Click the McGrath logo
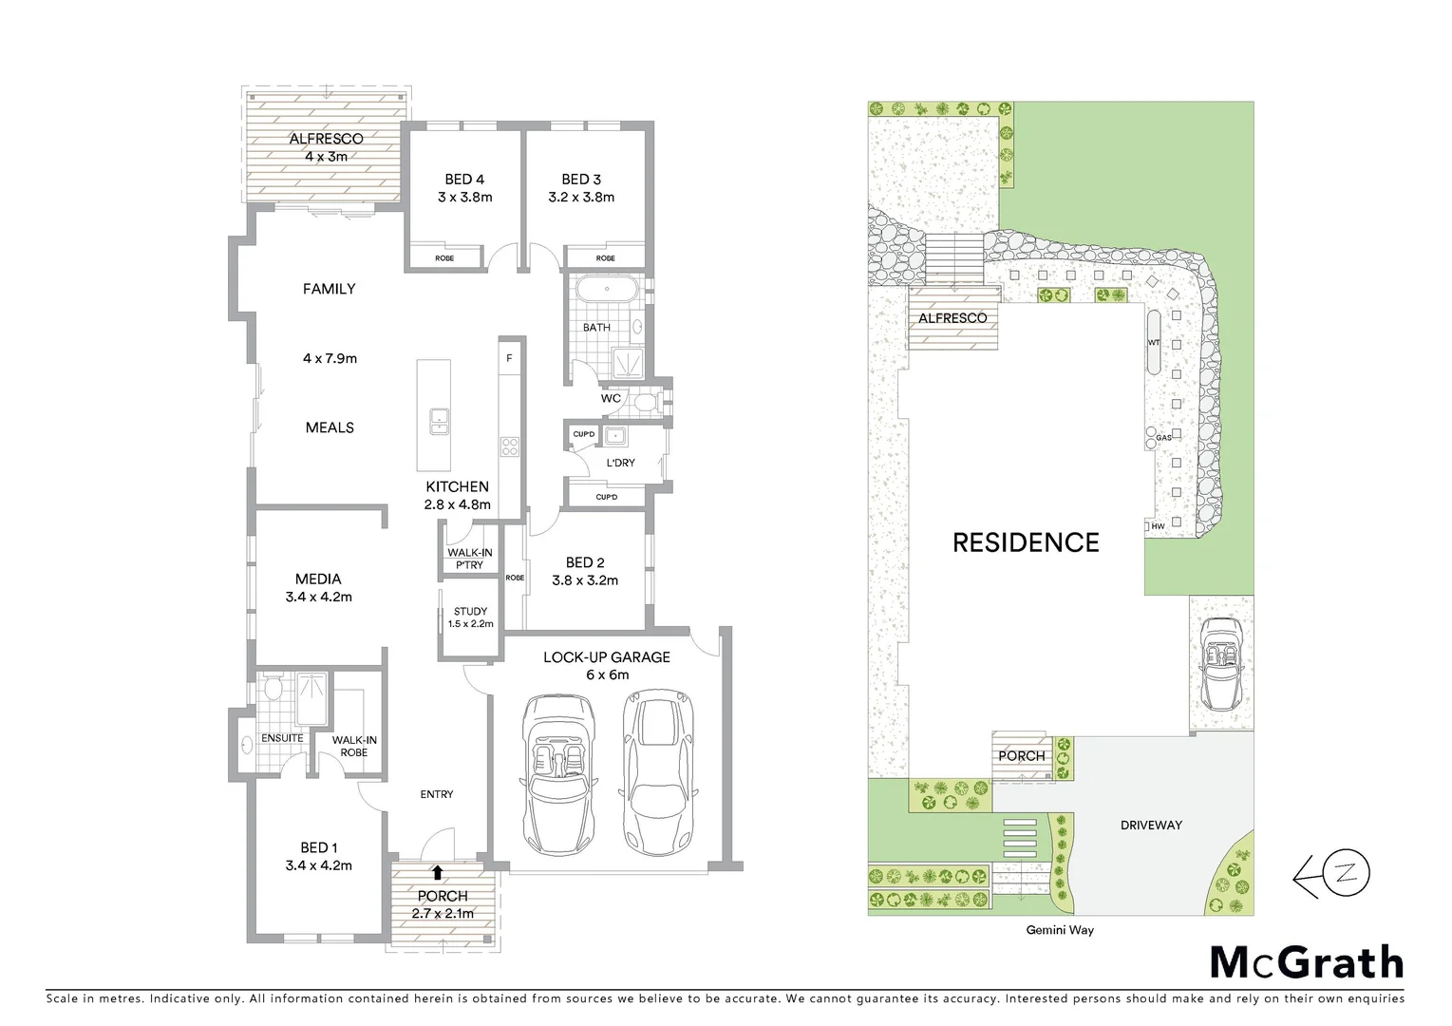pyautogui.click(x=1306, y=962)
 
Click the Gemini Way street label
pyautogui.click(x=1059, y=930)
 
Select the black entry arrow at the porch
pyautogui.click(x=437, y=872)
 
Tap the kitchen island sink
pyautogui.click(x=438, y=420)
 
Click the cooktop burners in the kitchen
pyautogui.click(x=510, y=446)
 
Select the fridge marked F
pyautogui.click(x=510, y=358)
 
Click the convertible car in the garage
pyautogui.click(x=557, y=777)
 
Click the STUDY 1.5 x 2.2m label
pyautogui.click(x=470, y=617)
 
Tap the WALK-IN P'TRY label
pyautogui.click(x=469, y=559)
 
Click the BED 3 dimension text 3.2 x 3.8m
pyautogui.click(x=580, y=198)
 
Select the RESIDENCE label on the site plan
pyautogui.click(x=1026, y=542)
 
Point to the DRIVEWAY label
pyautogui.click(x=1150, y=825)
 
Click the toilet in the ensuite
pyautogui.click(x=274, y=688)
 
